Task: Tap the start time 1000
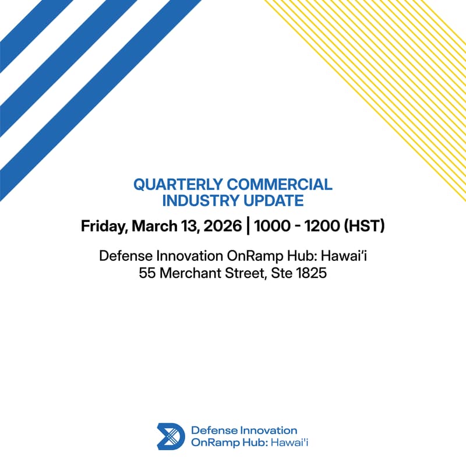pyautogui.click(x=271, y=227)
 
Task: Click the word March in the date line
pyautogui.click(x=153, y=227)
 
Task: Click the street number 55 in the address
pyautogui.click(x=148, y=273)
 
